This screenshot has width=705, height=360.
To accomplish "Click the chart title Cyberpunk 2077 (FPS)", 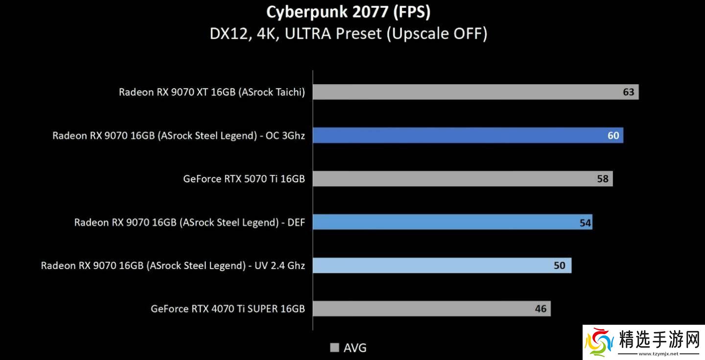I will (348, 12).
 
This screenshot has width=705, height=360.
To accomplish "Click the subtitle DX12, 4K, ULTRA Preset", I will (348, 34).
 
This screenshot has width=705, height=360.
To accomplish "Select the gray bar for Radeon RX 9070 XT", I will (465, 92).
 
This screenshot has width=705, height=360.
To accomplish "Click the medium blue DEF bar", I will (441, 222).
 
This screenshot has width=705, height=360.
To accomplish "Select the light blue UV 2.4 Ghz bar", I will (431, 265).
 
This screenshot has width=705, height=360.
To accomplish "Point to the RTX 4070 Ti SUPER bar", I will (421, 309).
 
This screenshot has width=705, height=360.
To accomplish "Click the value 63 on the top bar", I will (628, 92).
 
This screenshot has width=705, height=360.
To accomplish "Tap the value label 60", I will (613, 136).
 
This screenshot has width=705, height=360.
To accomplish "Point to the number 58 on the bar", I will (603, 179).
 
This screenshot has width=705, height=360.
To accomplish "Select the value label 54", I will (585, 223).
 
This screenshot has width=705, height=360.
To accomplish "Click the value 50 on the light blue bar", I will (559, 265).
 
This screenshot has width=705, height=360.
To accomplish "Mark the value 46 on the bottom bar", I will (540, 309).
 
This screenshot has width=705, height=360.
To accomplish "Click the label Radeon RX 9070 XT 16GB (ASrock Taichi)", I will (211, 92).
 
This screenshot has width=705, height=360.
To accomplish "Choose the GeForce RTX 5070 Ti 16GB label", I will (244, 179).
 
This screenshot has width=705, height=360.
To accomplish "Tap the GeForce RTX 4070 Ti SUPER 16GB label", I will (228, 309).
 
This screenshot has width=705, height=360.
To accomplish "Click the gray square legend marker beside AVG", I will (335, 348).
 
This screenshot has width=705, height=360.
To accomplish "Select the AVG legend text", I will (355, 348).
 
